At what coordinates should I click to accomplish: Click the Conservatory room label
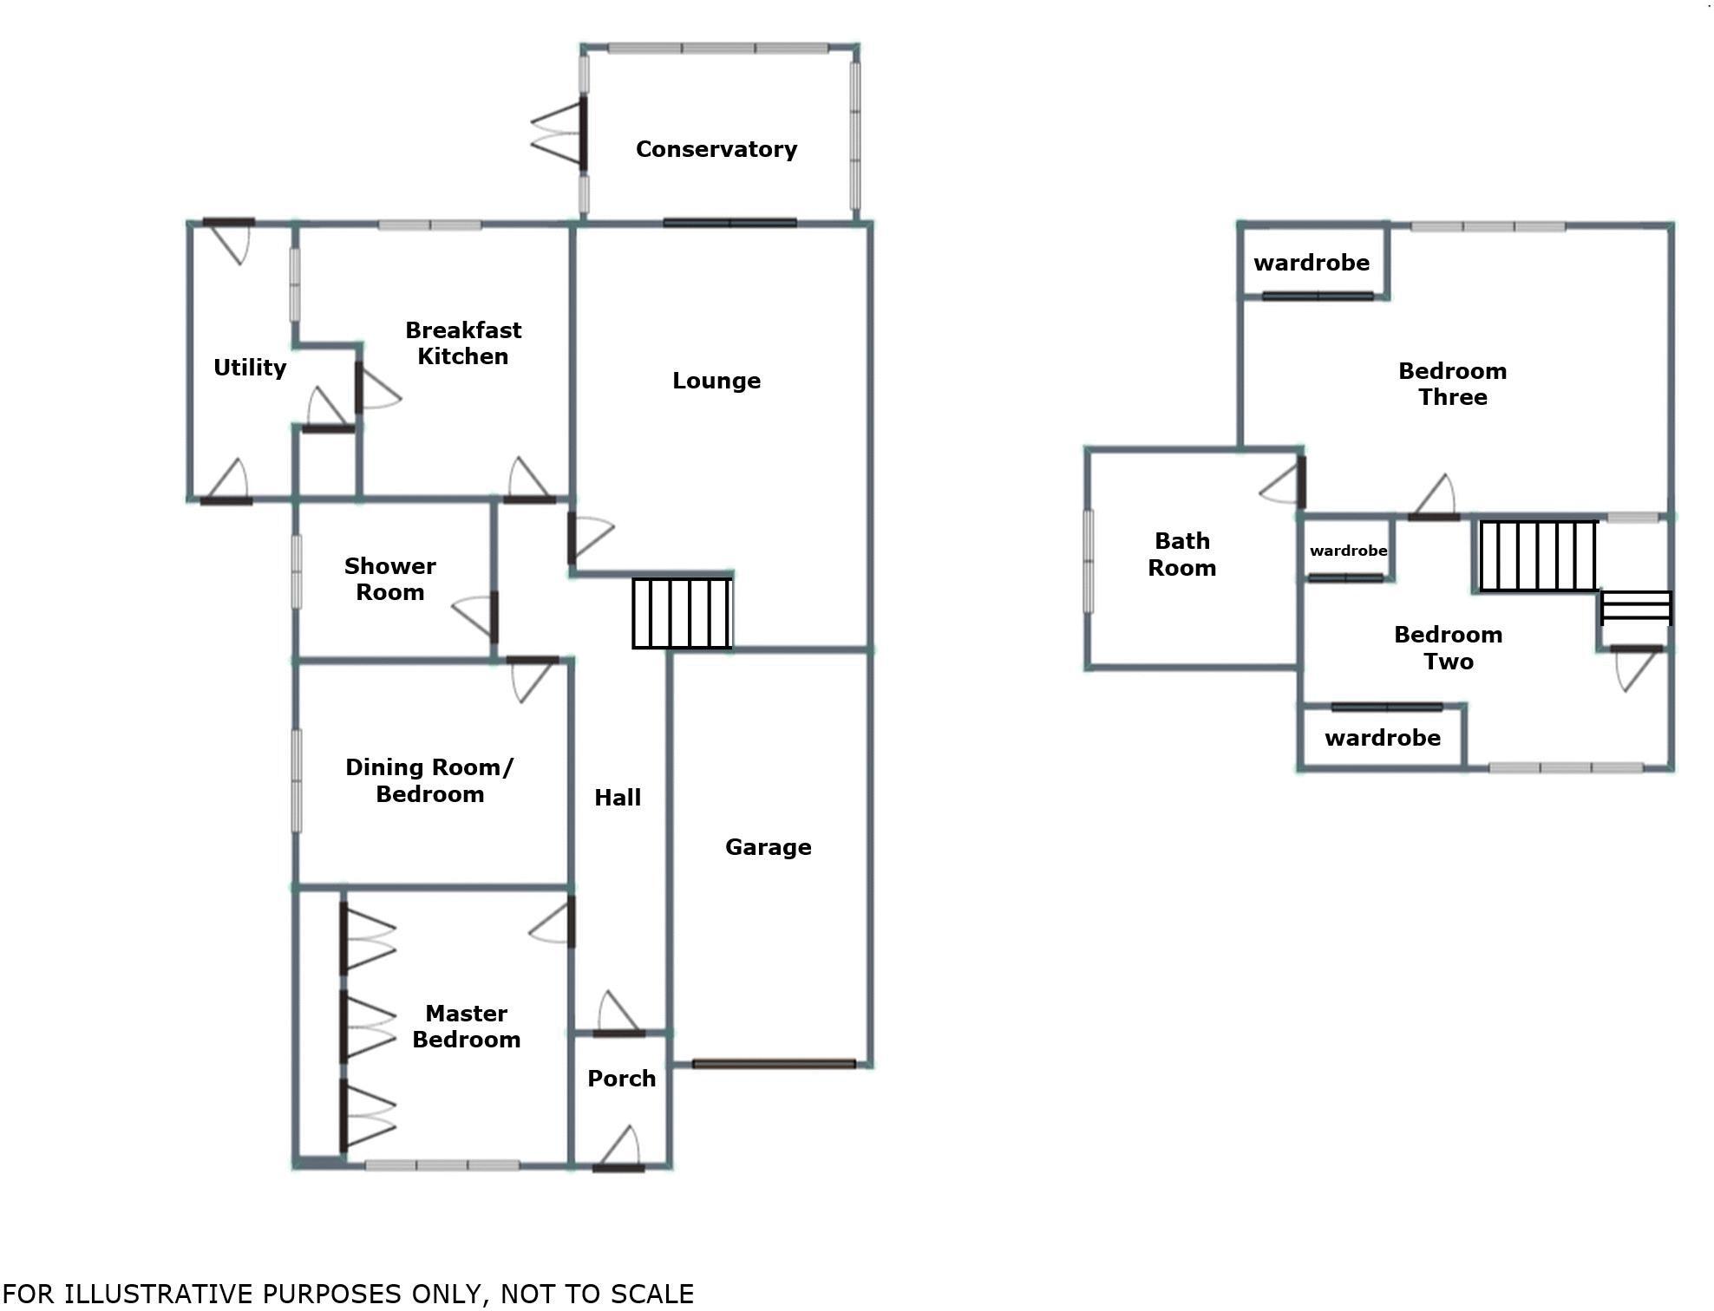point(716,149)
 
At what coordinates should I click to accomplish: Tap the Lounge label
point(716,381)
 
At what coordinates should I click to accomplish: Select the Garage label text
point(768,847)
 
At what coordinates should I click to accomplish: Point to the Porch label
point(621,1079)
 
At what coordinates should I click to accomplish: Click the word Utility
point(250,368)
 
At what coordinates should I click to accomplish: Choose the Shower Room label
point(389,579)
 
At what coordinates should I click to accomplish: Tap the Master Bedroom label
point(466,1027)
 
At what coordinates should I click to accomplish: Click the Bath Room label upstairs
point(1181,554)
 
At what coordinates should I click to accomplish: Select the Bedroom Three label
point(1452,384)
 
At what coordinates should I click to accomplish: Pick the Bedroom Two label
point(1448,648)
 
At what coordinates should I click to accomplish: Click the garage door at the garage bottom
point(774,1064)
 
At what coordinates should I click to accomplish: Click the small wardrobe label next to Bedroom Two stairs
point(1348,551)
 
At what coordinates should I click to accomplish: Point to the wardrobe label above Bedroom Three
point(1311,263)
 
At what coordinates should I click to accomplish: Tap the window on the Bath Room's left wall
point(1089,561)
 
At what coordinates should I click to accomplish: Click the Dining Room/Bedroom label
point(429,780)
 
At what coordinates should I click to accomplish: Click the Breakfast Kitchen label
point(463,343)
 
